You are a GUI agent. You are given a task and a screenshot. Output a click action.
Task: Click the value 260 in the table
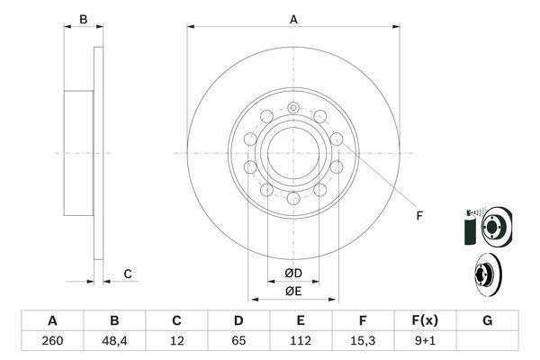click(52, 341)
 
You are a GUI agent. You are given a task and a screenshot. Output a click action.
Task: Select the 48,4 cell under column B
click(114, 341)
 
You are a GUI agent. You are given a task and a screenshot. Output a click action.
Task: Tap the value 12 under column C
click(176, 341)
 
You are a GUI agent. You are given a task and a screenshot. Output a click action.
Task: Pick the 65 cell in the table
click(238, 341)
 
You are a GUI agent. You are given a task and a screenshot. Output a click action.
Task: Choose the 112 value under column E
click(301, 341)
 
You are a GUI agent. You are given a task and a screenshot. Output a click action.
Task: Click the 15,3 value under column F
click(363, 341)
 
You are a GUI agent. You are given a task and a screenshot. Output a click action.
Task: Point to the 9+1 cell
click(425, 341)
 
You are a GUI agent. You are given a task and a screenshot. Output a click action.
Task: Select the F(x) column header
click(425, 320)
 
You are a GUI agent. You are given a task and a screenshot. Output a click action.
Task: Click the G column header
click(487, 320)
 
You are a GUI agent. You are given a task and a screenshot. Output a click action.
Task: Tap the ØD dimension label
click(293, 274)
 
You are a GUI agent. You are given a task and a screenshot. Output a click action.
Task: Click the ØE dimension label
click(293, 292)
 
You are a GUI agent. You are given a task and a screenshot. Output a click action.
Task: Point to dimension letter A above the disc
click(293, 20)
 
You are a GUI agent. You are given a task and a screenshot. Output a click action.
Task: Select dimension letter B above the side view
click(84, 20)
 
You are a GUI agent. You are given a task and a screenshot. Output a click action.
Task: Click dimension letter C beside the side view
click(128, 274)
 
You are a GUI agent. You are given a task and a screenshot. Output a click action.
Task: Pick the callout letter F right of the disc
click(419, 216)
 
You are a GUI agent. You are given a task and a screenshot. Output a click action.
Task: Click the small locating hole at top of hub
click(293, 108)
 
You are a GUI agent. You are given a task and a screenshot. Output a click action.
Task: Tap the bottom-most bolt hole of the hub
click(293, 198)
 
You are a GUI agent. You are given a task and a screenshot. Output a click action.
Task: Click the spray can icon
click(470, 228)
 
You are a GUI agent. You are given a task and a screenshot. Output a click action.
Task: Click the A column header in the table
click(52, 320)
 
